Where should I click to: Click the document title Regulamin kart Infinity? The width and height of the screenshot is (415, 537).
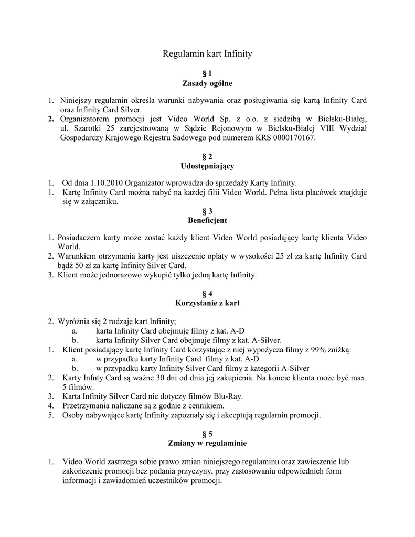(207, 53)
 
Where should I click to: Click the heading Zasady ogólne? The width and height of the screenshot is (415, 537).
(207, 83)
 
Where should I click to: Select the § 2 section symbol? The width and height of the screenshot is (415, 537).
(207, 157)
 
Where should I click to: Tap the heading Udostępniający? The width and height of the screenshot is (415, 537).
(207, 166)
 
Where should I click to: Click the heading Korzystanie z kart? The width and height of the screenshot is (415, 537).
(207, 303)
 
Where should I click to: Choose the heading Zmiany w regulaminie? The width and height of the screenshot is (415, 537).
(207, 443)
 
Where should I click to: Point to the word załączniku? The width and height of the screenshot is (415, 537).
(101, 202)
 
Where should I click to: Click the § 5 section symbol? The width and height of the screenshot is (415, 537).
(207, 434)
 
